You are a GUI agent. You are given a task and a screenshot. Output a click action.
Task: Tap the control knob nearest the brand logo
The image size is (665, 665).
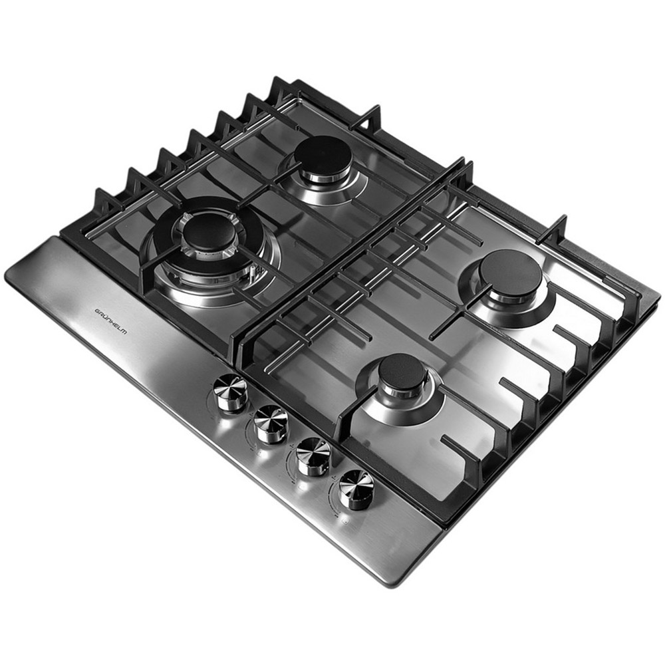coord(231,393)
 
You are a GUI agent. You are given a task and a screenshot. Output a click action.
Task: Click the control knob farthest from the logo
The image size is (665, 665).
coord(355,489)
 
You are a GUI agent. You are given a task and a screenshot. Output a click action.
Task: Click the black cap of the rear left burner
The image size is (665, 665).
coord(324,155)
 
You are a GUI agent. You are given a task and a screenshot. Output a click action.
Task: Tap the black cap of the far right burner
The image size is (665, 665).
coord(511,272)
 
